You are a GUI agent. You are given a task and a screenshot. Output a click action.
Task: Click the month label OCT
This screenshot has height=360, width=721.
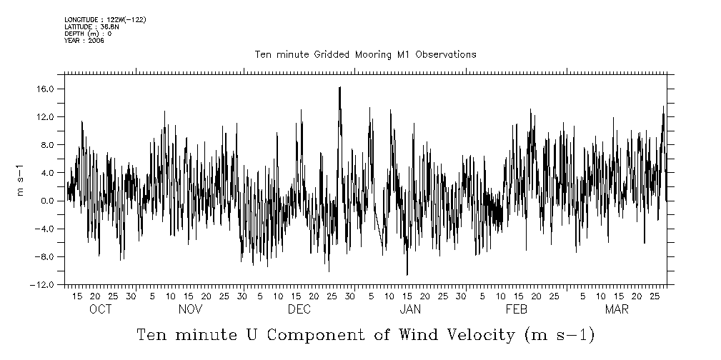coord(100,309)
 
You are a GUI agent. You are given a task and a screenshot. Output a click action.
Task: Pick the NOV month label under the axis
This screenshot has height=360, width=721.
coord(190,309)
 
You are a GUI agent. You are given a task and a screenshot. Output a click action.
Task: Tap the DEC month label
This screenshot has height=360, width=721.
coord(299,309)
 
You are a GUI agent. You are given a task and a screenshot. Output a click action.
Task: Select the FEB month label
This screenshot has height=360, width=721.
coord(516,309)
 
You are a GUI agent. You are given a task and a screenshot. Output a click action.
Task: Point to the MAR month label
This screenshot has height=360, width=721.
coord(617,309)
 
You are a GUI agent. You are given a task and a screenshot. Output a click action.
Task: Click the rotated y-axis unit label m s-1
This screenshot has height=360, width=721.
coord(22,180)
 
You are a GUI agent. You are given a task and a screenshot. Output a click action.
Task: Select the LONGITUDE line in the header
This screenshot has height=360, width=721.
coord(105,20)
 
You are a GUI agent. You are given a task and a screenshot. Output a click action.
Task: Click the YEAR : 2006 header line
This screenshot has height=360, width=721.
coord(84,41)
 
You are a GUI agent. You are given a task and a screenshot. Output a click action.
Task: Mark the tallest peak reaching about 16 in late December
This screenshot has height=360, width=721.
coord(339,88)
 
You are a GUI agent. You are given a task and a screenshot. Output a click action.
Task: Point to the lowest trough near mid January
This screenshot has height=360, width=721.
coord(407,274)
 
